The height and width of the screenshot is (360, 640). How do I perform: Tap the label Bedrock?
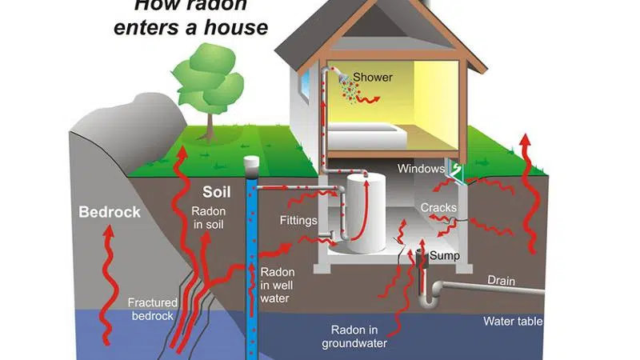tap(110, 212)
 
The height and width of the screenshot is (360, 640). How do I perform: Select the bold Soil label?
tap(216, 193)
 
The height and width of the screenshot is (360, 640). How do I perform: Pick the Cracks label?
tap(438, 208)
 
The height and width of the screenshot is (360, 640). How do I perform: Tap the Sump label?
tap(445, 255)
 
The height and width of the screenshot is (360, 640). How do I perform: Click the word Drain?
tap(502, 281)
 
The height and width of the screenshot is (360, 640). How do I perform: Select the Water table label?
tap(514, 322)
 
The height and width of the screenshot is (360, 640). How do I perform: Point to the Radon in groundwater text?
tap(360, 337)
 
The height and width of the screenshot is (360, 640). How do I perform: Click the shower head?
tap(343, 78)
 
